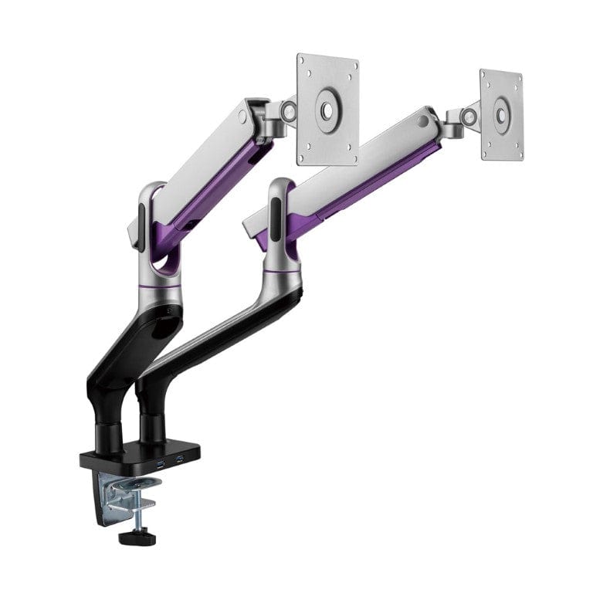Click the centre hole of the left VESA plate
pos(327,110)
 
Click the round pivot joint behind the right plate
pos(468,117)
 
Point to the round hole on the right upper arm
pos(421,121)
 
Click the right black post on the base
pos(151,427)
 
